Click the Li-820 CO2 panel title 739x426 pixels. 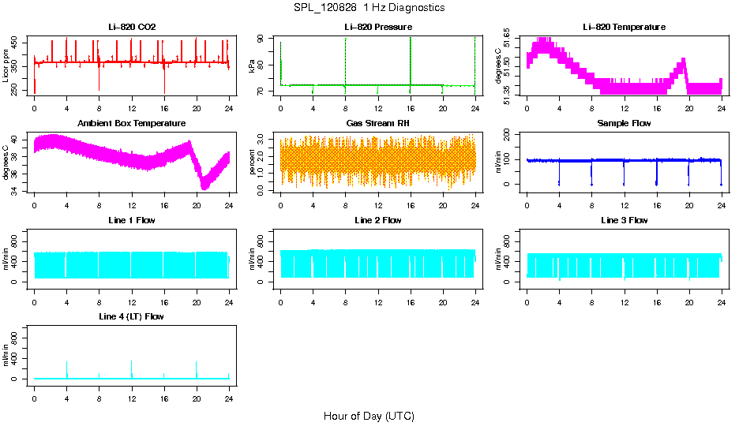click(x=132, y=27)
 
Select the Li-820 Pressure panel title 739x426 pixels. click(x=377, y=27)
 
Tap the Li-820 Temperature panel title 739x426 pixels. click(x=624, y=27)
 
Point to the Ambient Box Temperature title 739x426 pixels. click(x=132, y=123)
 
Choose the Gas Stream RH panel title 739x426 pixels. click(x=377, y=123)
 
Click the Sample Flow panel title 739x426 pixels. click(x=624, y=123)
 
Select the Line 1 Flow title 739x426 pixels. click(x=132, y=220)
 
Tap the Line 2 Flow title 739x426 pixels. click(x=377, y=220)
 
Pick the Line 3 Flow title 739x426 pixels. click(x=624, y=220)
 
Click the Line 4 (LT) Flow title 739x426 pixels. click(x=132, y=316)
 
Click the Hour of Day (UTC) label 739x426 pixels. click(x=369, y=416)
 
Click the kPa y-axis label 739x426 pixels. click(x=253, y=65)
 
